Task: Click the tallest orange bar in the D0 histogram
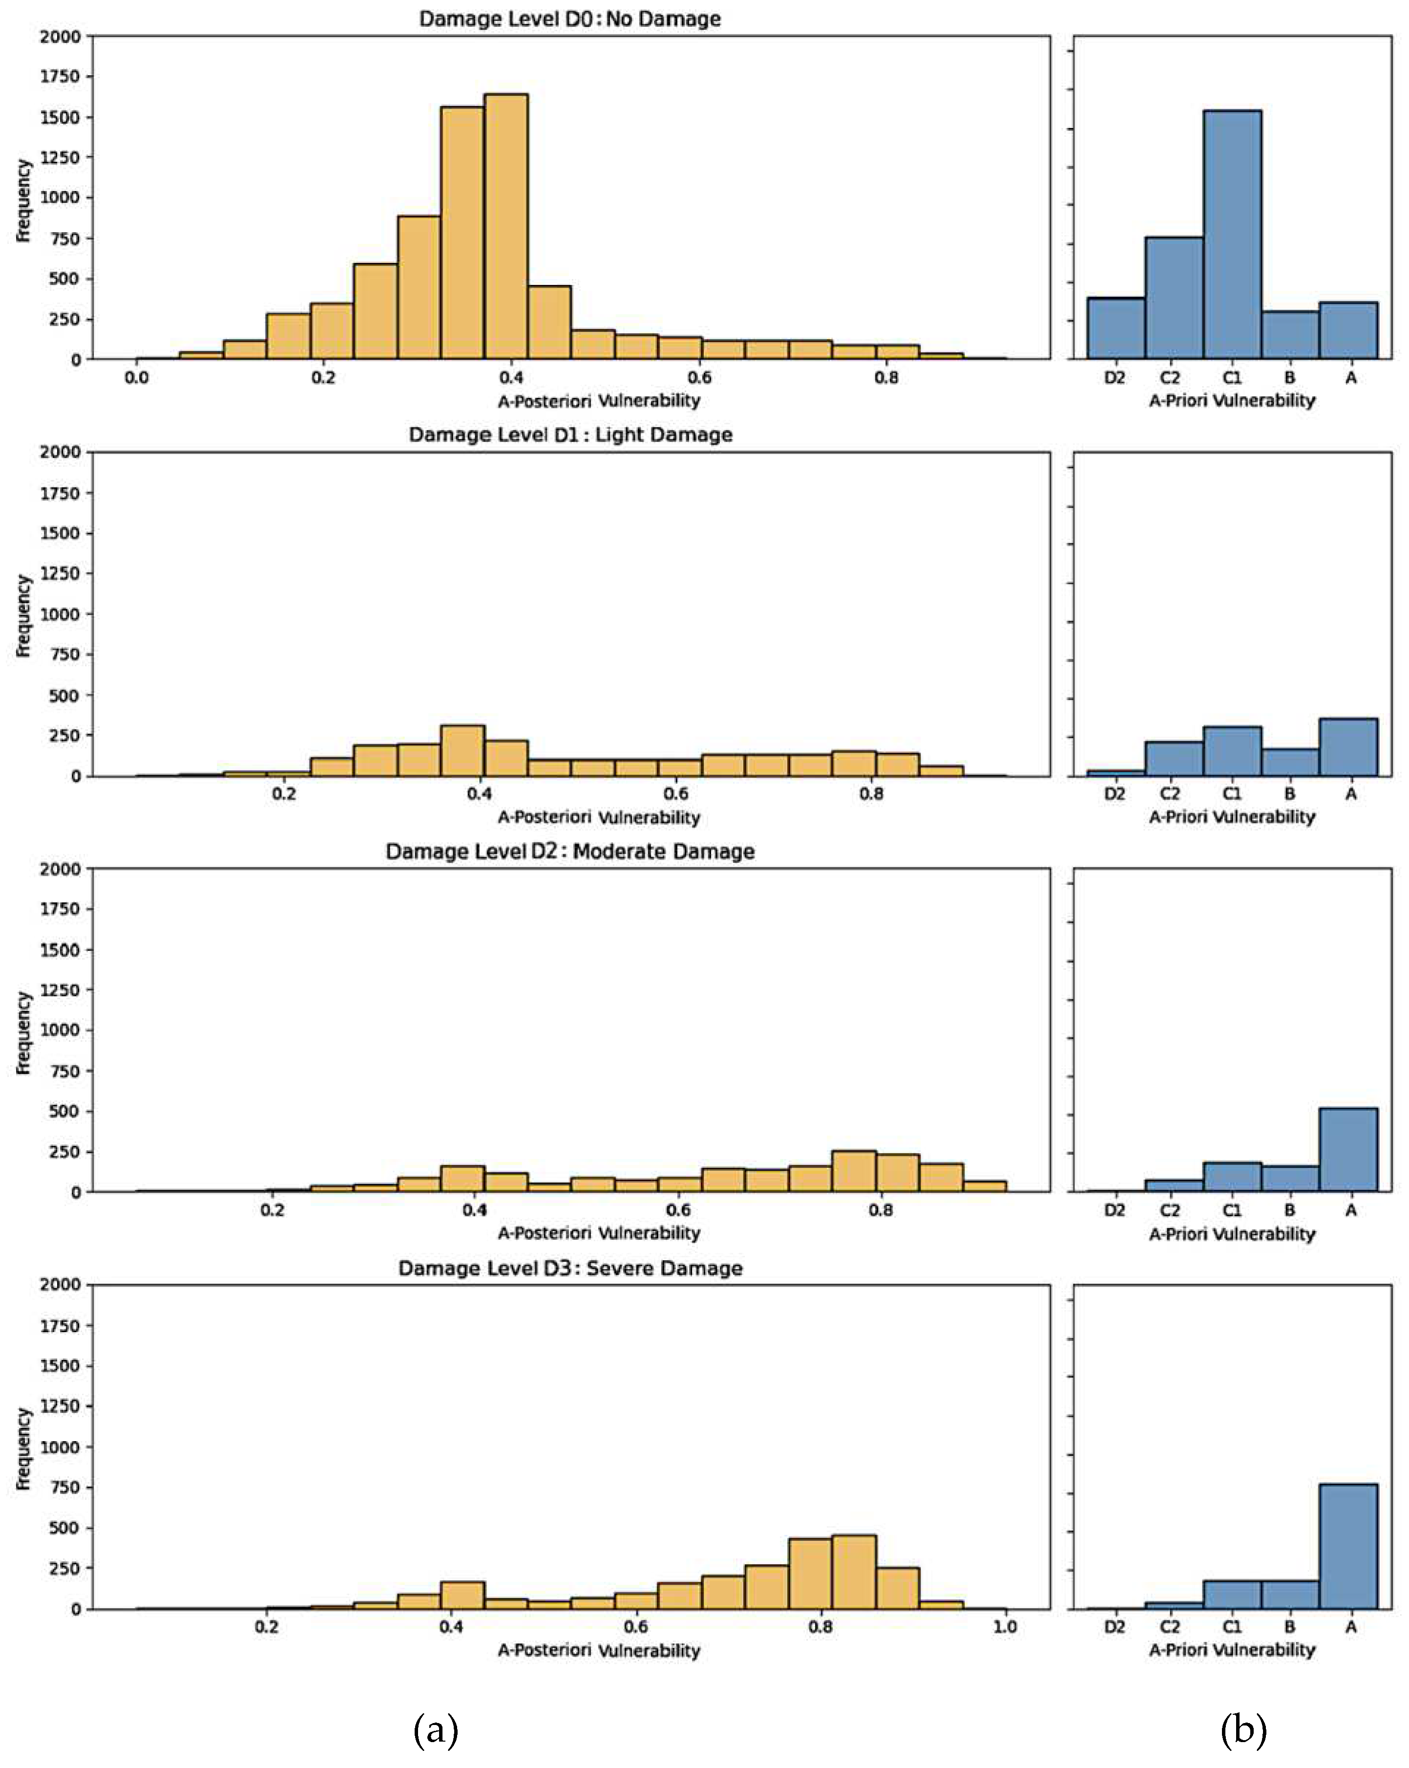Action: click(506, 227)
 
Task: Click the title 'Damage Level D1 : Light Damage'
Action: click(570, 434)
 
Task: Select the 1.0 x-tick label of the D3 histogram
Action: click(1005, 1627)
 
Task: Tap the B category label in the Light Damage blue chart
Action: click(1289, 794)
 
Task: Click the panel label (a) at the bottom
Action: click(435, 1730)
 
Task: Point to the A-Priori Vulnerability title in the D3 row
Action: click(1231, 1649)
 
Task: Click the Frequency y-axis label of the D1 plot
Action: click(23, 615)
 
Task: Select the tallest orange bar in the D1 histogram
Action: click(463, 750)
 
